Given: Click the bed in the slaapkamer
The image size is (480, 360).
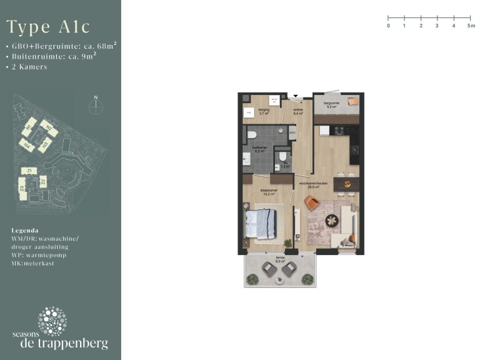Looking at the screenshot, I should (261, 223).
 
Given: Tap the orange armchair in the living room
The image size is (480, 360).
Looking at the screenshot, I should (311, 202).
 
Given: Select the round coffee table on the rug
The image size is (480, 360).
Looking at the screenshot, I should (331, 220).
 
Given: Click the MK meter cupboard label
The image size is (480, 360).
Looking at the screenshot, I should (292, 132).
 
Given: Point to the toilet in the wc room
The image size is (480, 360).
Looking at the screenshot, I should (284, 156).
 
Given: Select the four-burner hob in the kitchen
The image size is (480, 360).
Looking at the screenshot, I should (341, 131).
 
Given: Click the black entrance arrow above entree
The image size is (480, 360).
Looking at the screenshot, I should (296, 96).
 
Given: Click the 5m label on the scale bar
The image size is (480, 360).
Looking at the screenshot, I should (470, 26).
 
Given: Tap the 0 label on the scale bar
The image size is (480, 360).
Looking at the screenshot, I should (388, 26).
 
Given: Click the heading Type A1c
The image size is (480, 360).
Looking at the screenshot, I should (48, 27).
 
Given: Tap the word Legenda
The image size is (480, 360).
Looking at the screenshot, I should (25, 230).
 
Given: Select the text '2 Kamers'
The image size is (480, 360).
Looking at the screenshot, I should (29, 67).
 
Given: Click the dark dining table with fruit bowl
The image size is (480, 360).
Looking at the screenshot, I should (346, 183).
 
